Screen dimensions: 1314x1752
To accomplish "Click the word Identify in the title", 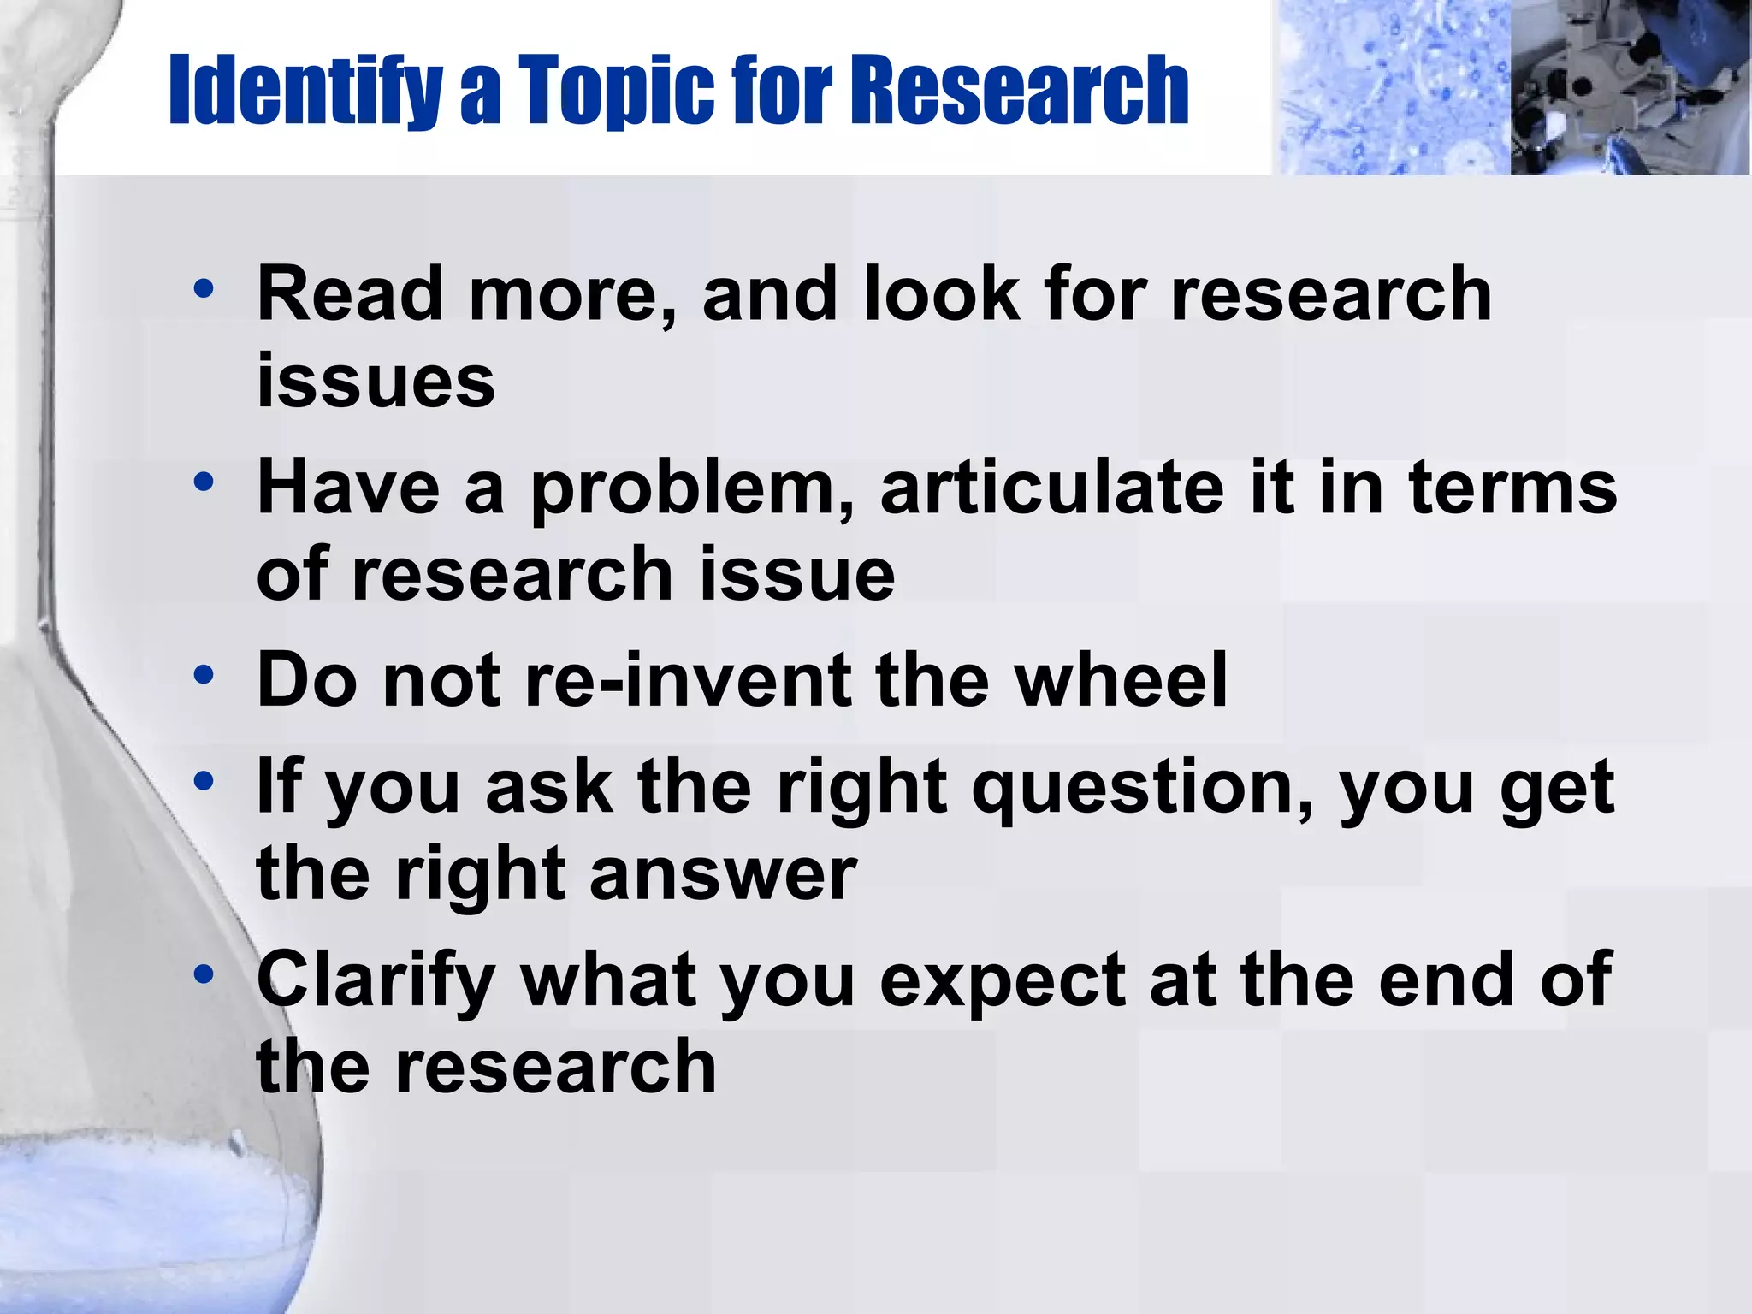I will (x=304, y=90).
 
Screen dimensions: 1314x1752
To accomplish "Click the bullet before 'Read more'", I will (x=204, y=289).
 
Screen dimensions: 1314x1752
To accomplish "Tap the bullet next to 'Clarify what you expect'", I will (x=204, y=974).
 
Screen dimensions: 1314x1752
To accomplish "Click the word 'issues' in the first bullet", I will (x=376, y=382).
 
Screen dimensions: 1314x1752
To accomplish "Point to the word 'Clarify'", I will (x=376, y=982).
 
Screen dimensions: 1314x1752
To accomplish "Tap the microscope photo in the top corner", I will (x=1630, y=87).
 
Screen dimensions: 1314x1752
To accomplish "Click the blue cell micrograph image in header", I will (x=1390, y=87).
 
